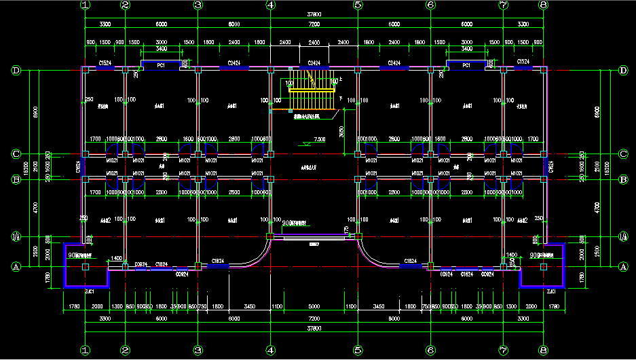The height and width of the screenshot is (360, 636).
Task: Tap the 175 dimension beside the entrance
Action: [347, 230]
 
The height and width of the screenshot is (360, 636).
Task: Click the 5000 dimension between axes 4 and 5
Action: [314, 306]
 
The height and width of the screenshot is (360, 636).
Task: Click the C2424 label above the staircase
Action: [314, 62]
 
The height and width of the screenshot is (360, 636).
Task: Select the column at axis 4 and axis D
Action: [270, 69]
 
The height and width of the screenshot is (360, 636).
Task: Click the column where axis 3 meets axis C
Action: [198, 154]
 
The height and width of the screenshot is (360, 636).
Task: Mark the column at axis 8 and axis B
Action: [544, 179]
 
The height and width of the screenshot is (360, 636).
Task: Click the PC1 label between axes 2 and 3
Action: [162, 66]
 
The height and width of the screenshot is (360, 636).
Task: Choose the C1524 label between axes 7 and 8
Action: [523, 62]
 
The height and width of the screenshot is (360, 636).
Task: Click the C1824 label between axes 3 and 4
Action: [218, 261]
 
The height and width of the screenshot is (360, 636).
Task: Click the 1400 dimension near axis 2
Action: [116, 259]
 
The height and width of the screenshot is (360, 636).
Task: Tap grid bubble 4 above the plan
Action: [270, 5]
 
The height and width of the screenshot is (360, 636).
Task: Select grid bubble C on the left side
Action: [16, 154]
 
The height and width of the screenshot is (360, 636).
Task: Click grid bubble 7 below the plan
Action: [503, 352]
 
